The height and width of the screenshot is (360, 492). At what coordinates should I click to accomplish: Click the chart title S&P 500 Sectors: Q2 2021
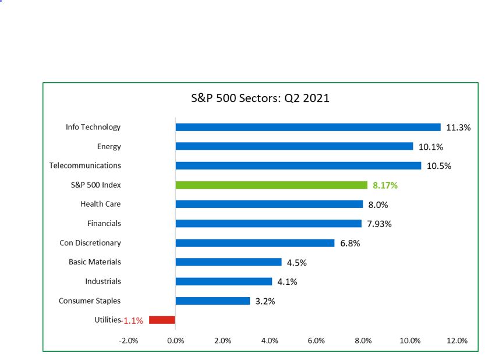coord(260,98)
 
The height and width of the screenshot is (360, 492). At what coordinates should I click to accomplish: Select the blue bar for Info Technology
coord(307,127)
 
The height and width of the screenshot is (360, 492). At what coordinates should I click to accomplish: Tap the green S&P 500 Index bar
coord(271,185)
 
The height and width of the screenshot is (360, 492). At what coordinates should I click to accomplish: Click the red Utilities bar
coord(162,320)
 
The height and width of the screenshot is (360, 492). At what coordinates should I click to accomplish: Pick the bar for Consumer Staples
coord(213,301)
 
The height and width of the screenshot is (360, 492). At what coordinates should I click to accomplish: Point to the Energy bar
coord(294,146)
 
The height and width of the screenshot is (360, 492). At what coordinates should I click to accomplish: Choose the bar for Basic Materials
coord(228,262)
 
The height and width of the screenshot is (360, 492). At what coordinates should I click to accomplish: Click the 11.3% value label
coord(458,128)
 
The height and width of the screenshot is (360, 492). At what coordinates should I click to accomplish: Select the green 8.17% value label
coord(385,186)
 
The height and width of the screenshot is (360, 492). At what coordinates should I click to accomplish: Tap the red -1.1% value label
coord(133,320)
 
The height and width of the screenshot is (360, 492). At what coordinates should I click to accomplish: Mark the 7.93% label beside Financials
coord(379,224)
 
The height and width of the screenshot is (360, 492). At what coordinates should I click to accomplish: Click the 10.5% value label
coord(439,166)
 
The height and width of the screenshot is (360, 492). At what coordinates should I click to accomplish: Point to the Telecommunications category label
coord(85,165)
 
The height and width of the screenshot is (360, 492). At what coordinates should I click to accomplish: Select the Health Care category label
coord(101,204)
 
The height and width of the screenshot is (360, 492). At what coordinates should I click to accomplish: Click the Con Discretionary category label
coord(90,242)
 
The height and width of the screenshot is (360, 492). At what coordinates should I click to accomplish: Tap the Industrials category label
coord(103,281)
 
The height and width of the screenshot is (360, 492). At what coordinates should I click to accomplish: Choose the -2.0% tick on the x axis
coord(128,341)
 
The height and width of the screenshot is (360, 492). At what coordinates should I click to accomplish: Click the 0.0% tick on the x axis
coord(175,341)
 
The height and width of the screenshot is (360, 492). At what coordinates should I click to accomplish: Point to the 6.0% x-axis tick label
coord(316,341)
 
